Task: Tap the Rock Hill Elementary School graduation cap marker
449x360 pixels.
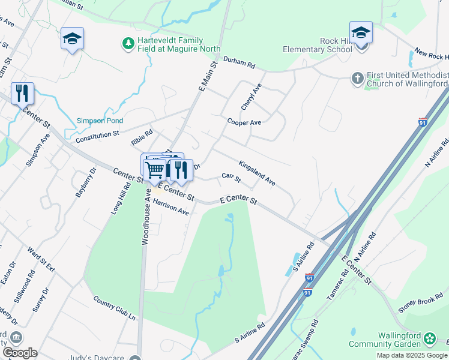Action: [x=361, y=33]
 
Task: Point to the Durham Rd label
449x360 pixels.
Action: [x=239, y=62]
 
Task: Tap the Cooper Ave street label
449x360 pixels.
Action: [x=244, y=122]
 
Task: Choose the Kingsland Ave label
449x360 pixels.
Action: [x=256, y=172]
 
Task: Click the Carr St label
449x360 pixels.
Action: [x=231, y=178]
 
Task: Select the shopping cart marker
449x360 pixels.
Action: [x=154, y=169]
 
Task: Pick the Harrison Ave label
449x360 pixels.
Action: [x=170, y=208]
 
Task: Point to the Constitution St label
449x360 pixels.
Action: [x=97, y=137]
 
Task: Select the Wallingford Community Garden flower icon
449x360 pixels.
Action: [x=430, y=339]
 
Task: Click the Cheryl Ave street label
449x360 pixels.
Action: [x=251, y=97]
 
